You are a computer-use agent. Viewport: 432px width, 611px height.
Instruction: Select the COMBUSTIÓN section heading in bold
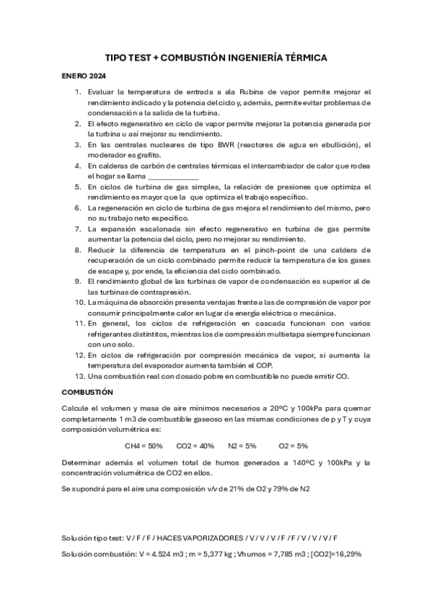[87, 392]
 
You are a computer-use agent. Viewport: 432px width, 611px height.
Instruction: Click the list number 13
[79, 376]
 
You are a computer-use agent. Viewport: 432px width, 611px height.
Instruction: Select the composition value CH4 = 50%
[144, 446]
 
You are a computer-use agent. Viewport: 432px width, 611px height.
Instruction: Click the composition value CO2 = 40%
[195, 446]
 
